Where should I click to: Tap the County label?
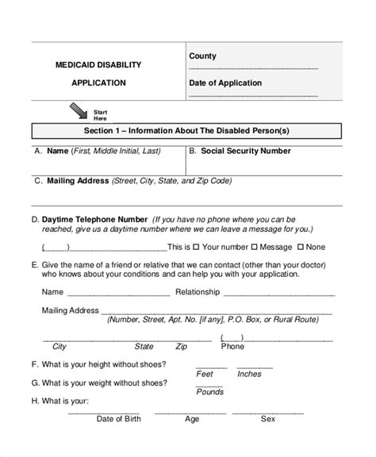point(202,56)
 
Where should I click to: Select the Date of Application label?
point(226,83)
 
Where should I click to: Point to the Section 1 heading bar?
point(187,130)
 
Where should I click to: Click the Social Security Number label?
point(246,151)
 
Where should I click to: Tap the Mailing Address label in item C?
point(78,181)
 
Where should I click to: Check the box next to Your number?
point(196,247)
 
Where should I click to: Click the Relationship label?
point(198,292)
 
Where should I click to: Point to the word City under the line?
point(59,347)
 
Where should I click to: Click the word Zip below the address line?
point(182,347)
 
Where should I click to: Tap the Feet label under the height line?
point(205,374)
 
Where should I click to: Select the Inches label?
point(249,374)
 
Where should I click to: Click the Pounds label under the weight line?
point(210,392)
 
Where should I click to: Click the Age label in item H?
point(192,419)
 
